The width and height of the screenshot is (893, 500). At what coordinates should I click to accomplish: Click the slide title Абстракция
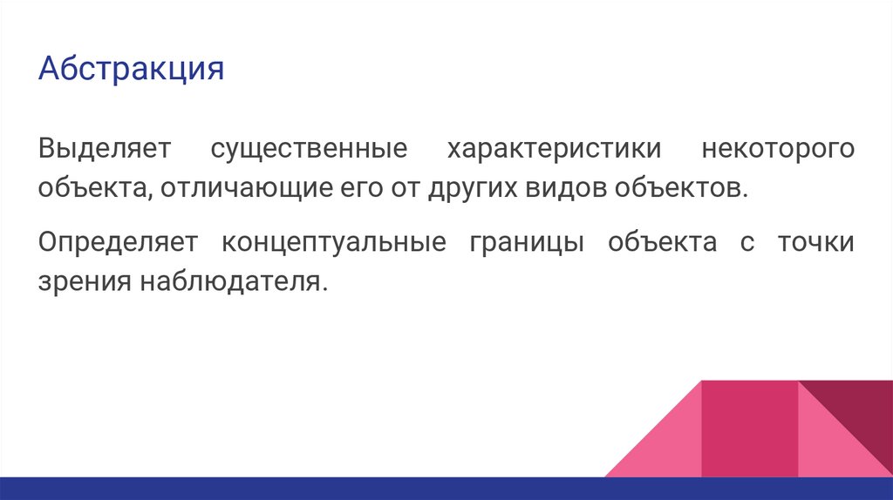click(131, 69)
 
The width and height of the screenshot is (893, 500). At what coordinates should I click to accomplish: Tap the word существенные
click(309, 148)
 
